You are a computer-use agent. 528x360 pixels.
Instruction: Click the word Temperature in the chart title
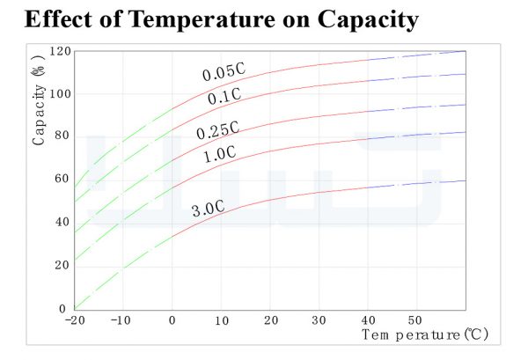(x=202, y=19)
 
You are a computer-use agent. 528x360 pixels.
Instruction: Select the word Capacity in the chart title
(x=368, y=20)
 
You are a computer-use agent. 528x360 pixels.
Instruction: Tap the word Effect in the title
(x=58, y=18)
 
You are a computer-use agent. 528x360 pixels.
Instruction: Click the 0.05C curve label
(x=224, y=72)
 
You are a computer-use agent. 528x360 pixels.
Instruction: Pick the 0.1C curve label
(x=224, y=96)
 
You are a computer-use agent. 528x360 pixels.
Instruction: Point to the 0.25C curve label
(x=218, y=130)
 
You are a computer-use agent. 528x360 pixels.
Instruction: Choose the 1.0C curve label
(x=220, y=155)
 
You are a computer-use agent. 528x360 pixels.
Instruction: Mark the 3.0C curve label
(x=208, y=209)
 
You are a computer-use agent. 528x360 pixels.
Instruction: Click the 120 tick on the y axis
(x=60, y=52)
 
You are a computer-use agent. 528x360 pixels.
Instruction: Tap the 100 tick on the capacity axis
(x=60, y=94)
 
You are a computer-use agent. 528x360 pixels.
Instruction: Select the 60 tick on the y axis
(x=62, y=179)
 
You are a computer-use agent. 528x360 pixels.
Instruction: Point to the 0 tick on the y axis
(x=62, y=308)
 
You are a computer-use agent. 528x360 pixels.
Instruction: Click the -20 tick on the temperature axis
(x=75, y=320)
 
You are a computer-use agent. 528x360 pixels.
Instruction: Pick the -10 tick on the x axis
(x=121, y=320)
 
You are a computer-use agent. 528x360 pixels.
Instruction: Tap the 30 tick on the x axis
(x=319, y=320)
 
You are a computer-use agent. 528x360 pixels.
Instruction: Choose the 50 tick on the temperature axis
(x=414, y=320)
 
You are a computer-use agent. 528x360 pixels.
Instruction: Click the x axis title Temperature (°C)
(x=425, y=334)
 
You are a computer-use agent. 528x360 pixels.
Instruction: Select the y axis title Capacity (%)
(x=39, y=100)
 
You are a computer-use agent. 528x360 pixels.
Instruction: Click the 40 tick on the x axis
(x=368, y=320)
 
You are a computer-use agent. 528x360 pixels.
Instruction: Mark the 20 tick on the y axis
(x=62, y=265)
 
